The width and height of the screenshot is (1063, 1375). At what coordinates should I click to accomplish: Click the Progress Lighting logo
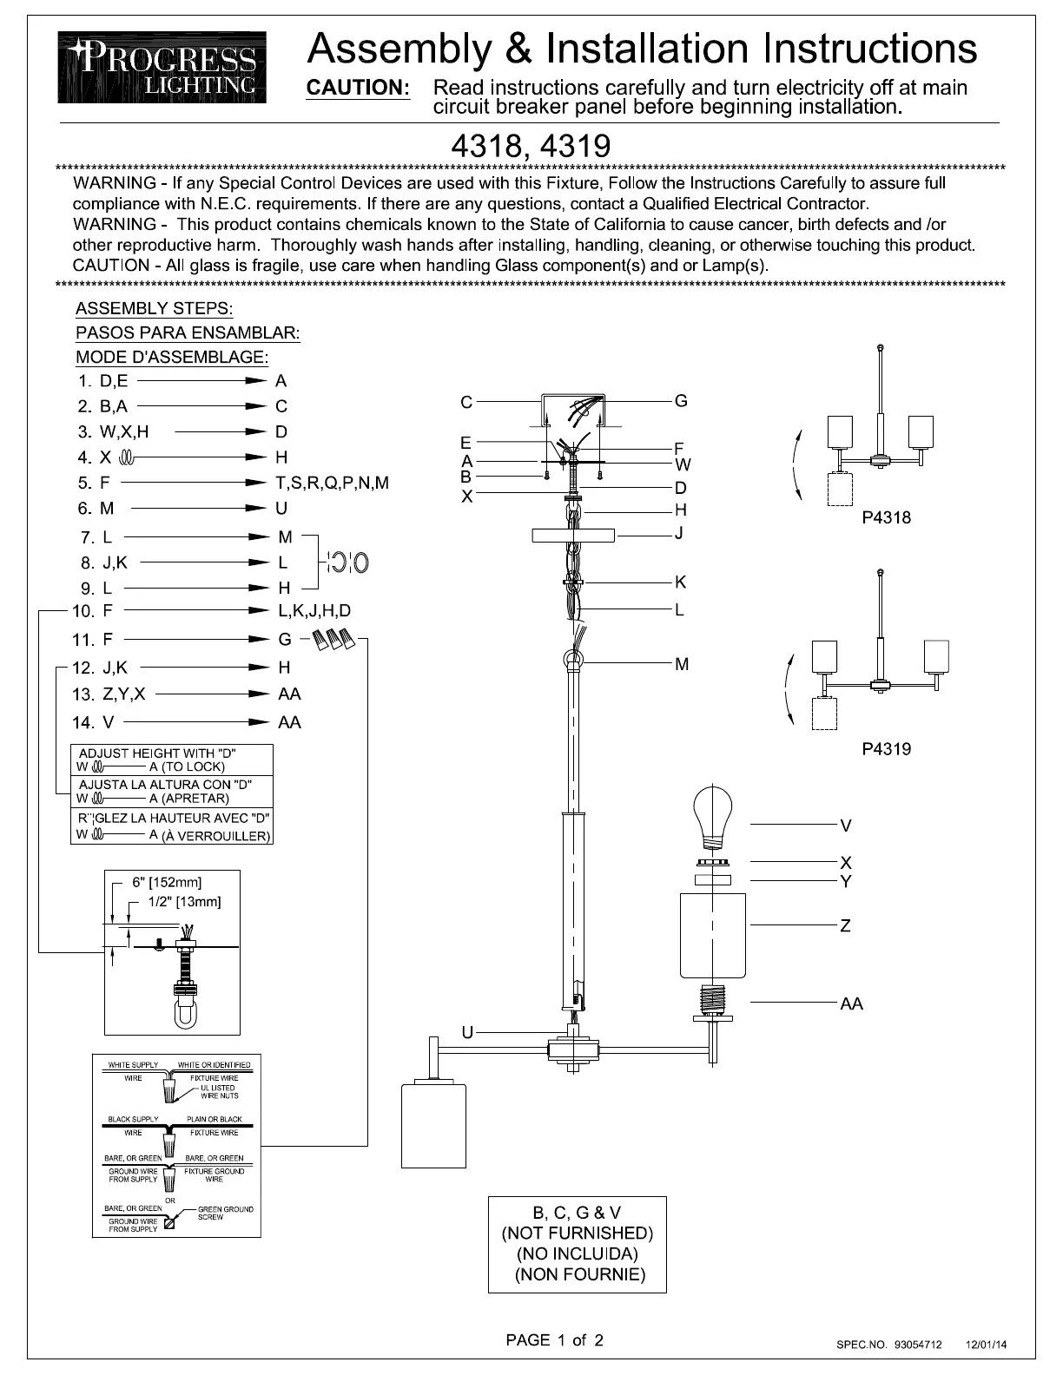(162, 67)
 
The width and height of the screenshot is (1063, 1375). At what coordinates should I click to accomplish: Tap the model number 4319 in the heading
(576, 146)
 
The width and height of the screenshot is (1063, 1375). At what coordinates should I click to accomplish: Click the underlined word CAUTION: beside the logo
(359, 88)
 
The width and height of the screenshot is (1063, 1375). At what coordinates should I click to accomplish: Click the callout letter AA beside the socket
(852, 1003)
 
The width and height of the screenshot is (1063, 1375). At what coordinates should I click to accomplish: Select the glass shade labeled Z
(713, 936)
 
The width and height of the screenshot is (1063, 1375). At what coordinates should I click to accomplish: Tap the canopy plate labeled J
(573, 536)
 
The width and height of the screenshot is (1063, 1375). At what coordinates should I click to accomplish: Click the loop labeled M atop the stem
(573, 661)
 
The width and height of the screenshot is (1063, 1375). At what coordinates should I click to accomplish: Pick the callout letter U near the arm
(467, 1033)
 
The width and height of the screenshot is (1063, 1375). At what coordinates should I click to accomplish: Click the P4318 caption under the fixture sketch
(887, 517)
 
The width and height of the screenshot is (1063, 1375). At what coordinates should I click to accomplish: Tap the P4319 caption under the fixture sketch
(887, 749)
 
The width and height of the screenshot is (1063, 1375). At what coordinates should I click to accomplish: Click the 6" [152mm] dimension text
(167, 882)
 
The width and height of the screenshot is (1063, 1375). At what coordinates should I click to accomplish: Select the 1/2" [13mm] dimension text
(185, 902)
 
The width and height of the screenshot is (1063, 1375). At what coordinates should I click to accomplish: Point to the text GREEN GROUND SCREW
(226, 1213)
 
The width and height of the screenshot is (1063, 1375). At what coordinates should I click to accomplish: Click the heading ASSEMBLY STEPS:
(154, 309)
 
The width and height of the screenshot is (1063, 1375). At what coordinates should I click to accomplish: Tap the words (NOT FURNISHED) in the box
(578, 1234)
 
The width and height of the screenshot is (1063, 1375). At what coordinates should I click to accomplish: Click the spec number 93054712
(918, 1345)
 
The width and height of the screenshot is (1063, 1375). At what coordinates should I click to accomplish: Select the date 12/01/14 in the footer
(986, 1345)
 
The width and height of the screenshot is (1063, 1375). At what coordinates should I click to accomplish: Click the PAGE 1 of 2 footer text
(555, 1340)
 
